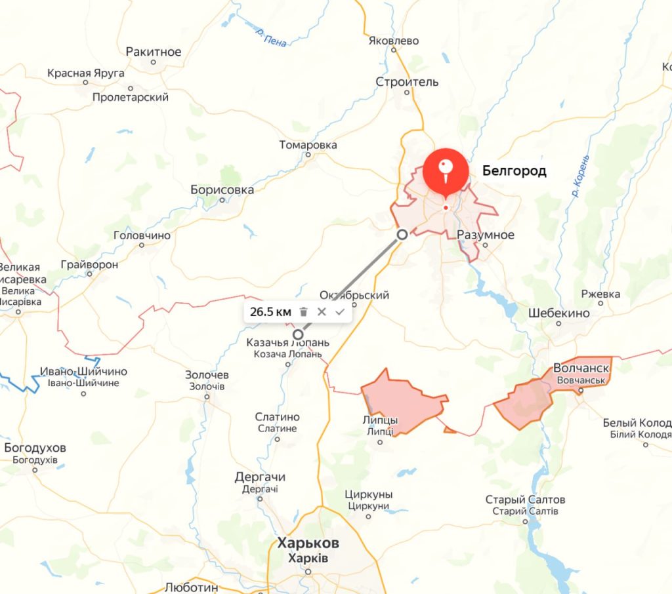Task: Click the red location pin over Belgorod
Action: (x=446, y=170)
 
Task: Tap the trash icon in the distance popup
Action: (x=303, y=312)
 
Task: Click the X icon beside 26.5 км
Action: (x=322, y=312)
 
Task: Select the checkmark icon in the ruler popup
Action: (x=339, y=312)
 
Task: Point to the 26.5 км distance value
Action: (x=270, y=312)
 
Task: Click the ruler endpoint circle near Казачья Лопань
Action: (x=298, y=334)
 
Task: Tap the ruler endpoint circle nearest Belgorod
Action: (x=402, y=234)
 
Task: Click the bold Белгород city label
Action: (x=514, y=172)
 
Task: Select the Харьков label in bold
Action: (x=308, y=544)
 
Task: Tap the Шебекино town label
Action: (x=559, y=313)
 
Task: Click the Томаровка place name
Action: (x=308, y=145)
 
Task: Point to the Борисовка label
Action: (x=222, y=189)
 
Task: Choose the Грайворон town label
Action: (x=89, y=265)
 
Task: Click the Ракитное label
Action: (x=154, y=52)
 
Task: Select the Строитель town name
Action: (x=407, y=82)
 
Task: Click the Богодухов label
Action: (x=35, y=448)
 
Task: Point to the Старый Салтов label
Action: (x=525, y=500)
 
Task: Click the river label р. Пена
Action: (x=272, y=38)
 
